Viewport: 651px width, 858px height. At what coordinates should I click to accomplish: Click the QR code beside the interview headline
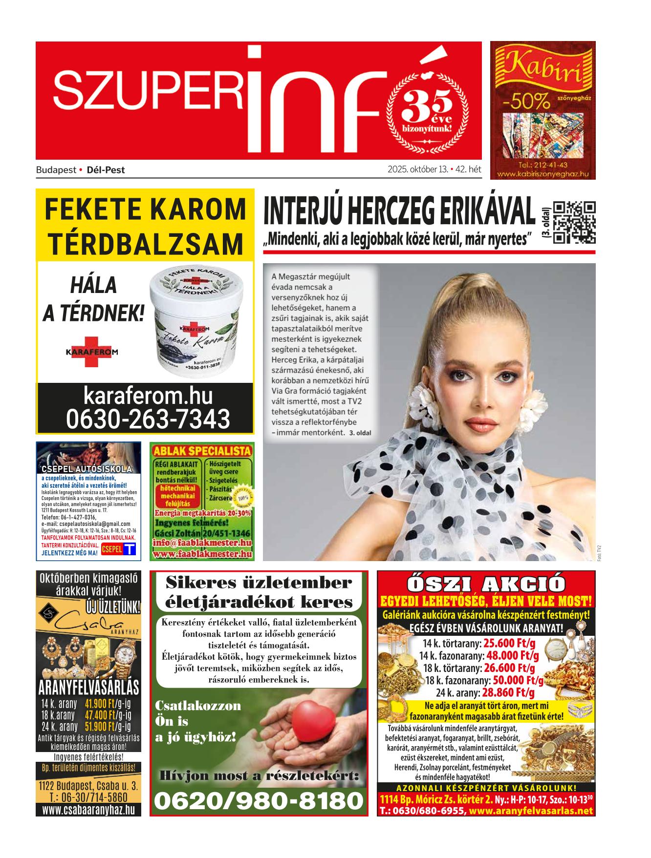click(x=574, y=222)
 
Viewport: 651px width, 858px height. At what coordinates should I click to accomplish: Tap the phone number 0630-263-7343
click(x=148, y=419)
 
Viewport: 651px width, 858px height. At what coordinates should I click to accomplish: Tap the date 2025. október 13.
click(x=418, y=170)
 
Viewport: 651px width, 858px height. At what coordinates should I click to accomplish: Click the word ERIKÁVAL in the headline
click(x=483, y=211)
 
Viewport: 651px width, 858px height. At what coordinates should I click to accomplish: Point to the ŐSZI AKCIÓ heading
click(x=486, y=584)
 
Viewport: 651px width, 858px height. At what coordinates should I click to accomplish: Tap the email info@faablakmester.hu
click(x=202, y=543)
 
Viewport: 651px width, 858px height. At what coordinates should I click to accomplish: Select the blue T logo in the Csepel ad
click(x=129, y=549)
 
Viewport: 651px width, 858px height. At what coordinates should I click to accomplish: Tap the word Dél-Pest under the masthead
click(x=106, y=170)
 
